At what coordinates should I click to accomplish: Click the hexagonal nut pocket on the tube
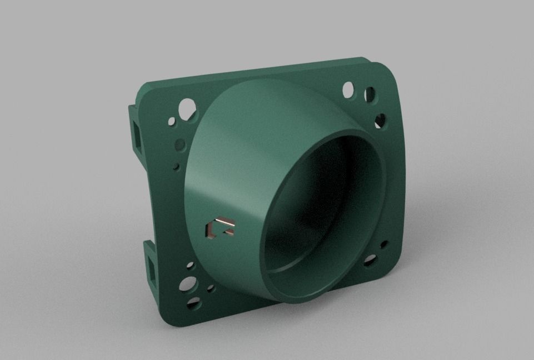coord(220,228)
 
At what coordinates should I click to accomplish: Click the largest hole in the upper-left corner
coord(187,108)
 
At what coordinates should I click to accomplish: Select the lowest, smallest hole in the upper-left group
coord(176,166)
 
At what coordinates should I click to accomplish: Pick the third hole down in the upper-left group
coord(180,145)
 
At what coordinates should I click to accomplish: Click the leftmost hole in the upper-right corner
coord(348,88)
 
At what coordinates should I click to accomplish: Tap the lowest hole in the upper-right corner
coord(380,120)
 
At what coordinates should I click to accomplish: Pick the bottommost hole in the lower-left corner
coord(193,303)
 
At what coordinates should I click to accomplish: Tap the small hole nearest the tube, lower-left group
coord(211,288)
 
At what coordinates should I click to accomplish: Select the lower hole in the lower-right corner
coord(370,260)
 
